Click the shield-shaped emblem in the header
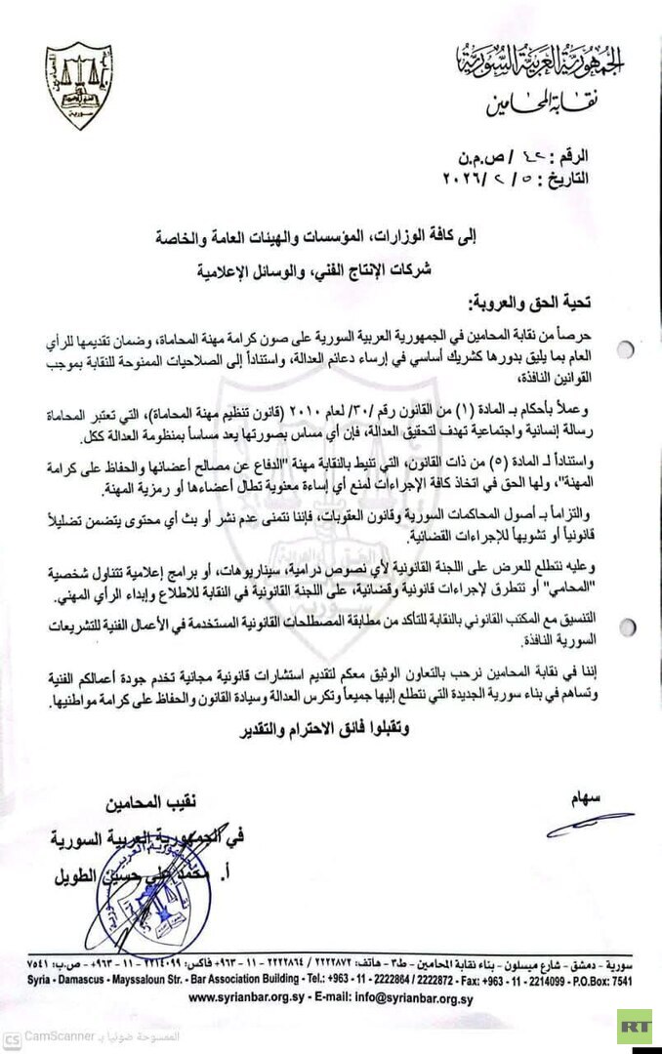tap(79, 86)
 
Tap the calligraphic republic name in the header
tap(542, 61)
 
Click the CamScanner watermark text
tap(59, 1036)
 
